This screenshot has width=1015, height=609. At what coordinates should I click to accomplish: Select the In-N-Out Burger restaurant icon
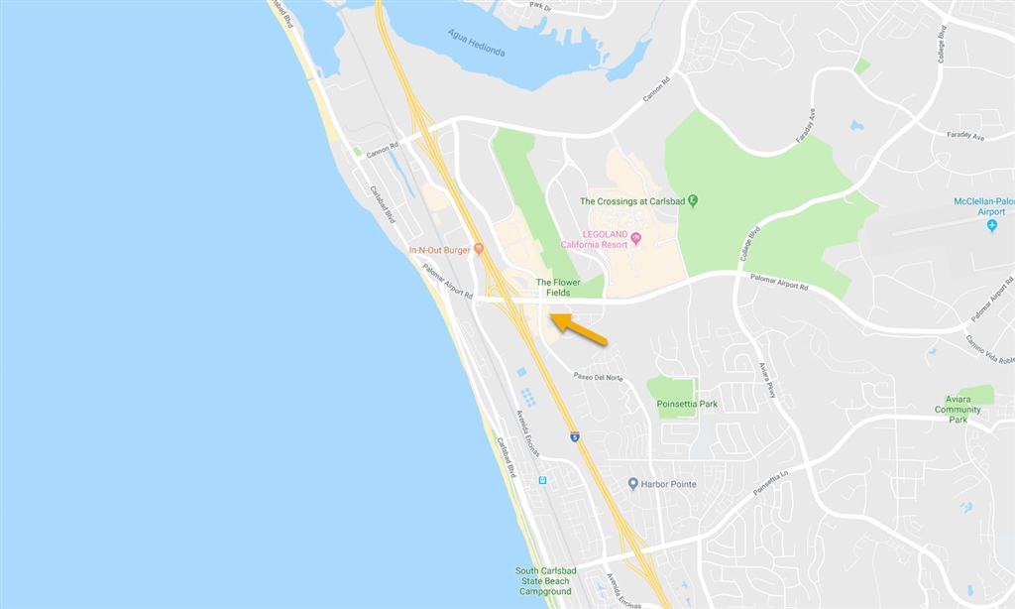[x=479, y=249]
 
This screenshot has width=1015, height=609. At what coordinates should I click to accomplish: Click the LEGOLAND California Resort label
[x=594, y=239]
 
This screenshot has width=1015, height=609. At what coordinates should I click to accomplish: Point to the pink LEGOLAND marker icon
[x=636, y=237]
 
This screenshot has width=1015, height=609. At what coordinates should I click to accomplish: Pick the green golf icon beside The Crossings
[x=693, y=200]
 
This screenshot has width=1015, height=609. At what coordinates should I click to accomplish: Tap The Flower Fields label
[x=558, y=288]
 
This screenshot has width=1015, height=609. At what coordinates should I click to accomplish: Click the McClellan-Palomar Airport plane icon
[x=992, y=226]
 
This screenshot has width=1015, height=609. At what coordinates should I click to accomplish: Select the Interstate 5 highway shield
[x=575, y=436]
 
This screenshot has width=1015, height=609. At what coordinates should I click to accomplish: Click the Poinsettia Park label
[x=687, y=404]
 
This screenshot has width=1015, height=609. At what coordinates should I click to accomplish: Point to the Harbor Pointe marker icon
[x=633, y=484]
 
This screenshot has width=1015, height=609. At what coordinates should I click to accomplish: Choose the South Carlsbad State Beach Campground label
[x=544, y=581]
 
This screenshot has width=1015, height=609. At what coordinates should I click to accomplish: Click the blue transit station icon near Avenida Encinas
[x=542, y=480]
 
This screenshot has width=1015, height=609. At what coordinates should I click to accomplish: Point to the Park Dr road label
[x=539, y=6]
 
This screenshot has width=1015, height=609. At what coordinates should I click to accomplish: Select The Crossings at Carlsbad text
[x=632, y=201]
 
